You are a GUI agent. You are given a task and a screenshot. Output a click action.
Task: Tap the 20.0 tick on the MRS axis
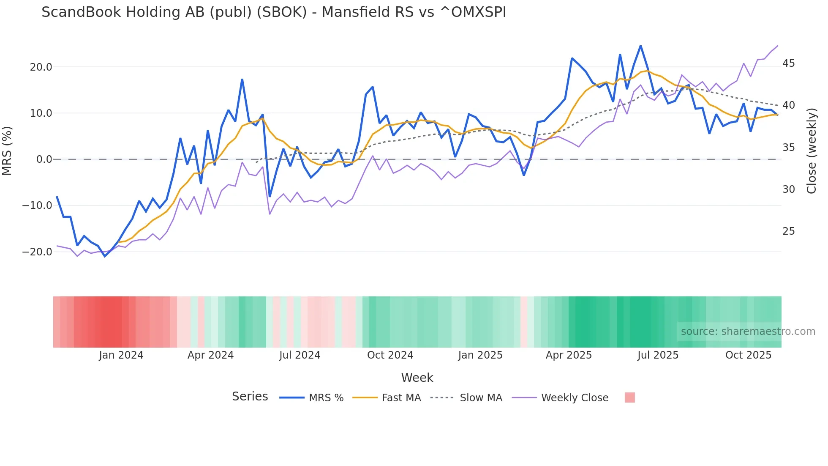pyautogui.click(x=41, y=67)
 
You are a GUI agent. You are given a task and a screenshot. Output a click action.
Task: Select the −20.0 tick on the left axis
pyautogui.click(x=38, y=252)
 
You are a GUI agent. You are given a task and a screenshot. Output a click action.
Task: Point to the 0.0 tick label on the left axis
pyautogui.click(x=44, y=159)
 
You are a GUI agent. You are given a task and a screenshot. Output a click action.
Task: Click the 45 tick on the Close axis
pyautogui.click(x=788, y=63)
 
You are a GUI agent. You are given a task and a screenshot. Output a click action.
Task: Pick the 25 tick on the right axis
pyautogui.click(x=788, y=231)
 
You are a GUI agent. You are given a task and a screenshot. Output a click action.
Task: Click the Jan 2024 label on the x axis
pyautogui.click(x=121, y=355)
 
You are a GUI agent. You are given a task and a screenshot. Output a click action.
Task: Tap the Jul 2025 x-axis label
pyautogui.click(x=658, y=355)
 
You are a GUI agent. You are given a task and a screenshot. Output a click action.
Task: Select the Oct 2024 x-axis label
pyautogui.click(x=390, y=355)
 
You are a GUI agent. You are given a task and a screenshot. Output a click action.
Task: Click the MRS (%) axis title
pyautogui.click(x=7, y=151)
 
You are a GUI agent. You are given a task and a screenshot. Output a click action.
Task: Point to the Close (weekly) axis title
pyautogui.click(x=812, y=151)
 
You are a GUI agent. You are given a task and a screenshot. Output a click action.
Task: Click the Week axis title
pyautogui.click(x=417, y=378)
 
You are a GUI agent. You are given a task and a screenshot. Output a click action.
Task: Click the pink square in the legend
pyautogui.click(x=629, y=397)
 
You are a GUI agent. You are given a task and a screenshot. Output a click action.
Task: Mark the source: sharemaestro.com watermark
pyautogui.click(x=748, y=332)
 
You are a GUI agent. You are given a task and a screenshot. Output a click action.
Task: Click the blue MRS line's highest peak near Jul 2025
pyautogui.click(x=640, y=46)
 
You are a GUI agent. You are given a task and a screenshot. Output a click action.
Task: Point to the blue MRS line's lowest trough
pyautogui.click(x=105, y=256)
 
